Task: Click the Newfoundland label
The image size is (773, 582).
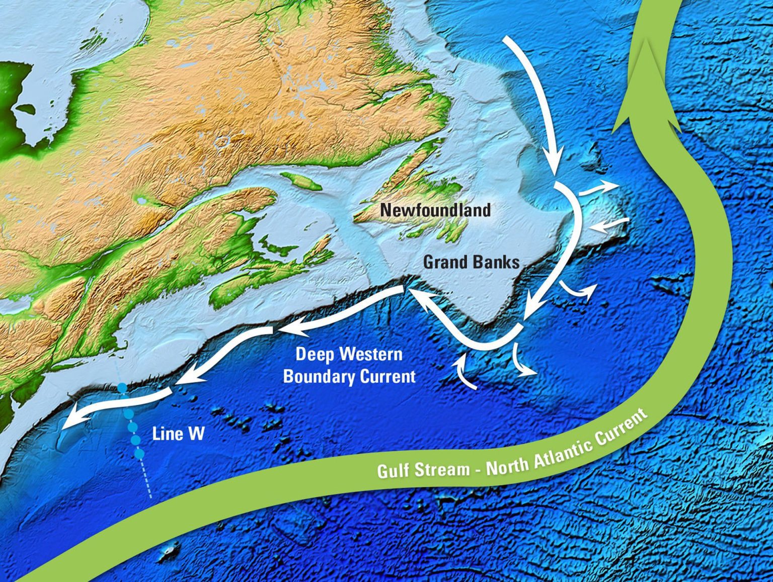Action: point(435,209)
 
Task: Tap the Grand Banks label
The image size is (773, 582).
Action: point(471,262)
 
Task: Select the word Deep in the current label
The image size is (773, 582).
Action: point(316,354)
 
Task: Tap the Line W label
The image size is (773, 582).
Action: point(179,433)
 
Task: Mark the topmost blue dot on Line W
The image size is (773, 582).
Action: point(122,388)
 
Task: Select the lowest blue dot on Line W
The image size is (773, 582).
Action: point(139,454)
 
